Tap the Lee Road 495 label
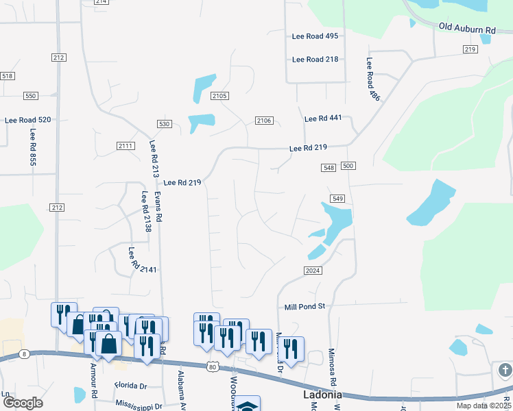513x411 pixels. [315, 36]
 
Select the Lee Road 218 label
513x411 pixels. [315, 60]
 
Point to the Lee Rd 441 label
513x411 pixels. [322, 119]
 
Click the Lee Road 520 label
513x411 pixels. [28, 120]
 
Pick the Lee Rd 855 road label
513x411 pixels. [32, 149]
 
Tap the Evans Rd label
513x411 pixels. [158, 206]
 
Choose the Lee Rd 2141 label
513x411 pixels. [143, 261]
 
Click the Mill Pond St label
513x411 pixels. [305, 307]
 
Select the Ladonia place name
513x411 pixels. [322, 396]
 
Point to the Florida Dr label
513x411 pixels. [131, 386]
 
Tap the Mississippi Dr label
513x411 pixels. [139, 406]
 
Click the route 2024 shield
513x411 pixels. [313, 271]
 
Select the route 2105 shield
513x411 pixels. [219, 97]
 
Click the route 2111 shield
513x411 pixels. [126, 146]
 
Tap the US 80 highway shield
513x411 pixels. [213, 367]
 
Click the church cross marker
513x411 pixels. [505, 371]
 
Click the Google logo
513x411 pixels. [23, 403]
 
